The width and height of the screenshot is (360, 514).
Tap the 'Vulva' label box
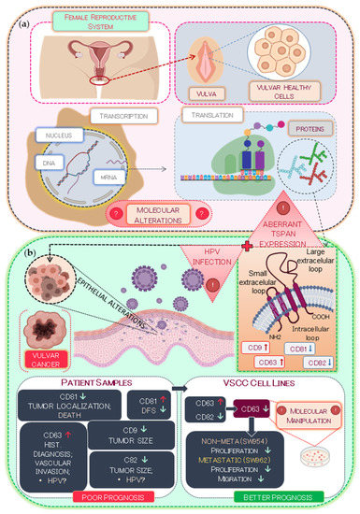coord(204,93)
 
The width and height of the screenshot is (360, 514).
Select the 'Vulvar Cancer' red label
coord(43,353)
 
